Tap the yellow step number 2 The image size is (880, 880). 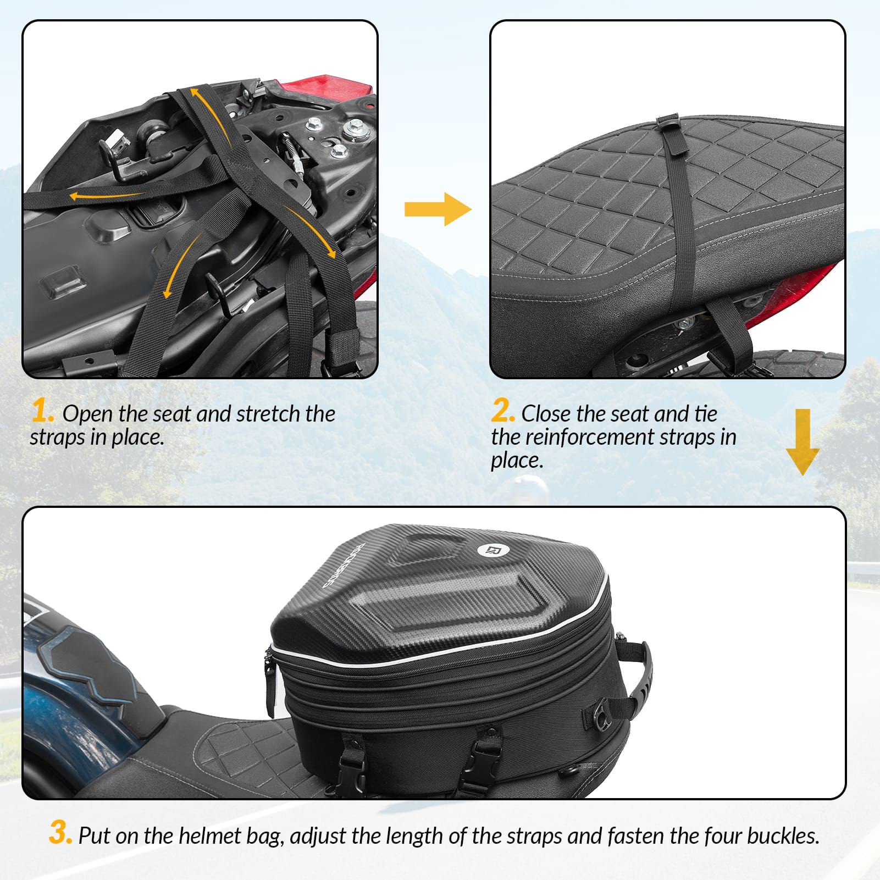(502, 411)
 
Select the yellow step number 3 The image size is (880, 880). (60, 832)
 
